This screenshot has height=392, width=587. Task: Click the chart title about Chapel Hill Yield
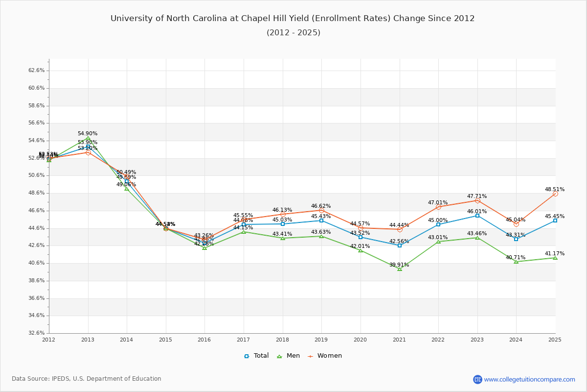tap(293, 19)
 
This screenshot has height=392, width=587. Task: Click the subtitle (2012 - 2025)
tap(293, 33)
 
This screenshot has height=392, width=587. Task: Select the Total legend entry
tap(256, 356)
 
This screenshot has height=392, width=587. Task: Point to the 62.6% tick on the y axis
tap(37, 71)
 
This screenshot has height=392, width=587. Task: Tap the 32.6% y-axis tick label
tap(37, 333)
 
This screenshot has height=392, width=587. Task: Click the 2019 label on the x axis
tap(321, 340)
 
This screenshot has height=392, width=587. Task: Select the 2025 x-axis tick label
tap(555, 340)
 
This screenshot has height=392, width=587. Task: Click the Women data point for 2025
tap(555, 194)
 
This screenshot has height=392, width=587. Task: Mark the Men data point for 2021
tap(400, 269)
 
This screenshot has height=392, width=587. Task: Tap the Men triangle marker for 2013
tap(88, 138)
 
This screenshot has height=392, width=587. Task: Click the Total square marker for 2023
tap(477, 216)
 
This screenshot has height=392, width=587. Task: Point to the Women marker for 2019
tap(321, 210)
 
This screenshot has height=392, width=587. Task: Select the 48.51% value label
tap(555, 189)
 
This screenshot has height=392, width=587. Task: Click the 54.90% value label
tap(88, 134)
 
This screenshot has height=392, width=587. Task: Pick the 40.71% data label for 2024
tap(516, 257)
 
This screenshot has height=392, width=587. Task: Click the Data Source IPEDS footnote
tap(87, 379)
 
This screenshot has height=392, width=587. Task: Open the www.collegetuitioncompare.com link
tap(529, 379)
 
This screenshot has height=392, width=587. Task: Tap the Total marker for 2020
tap(361, 237)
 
